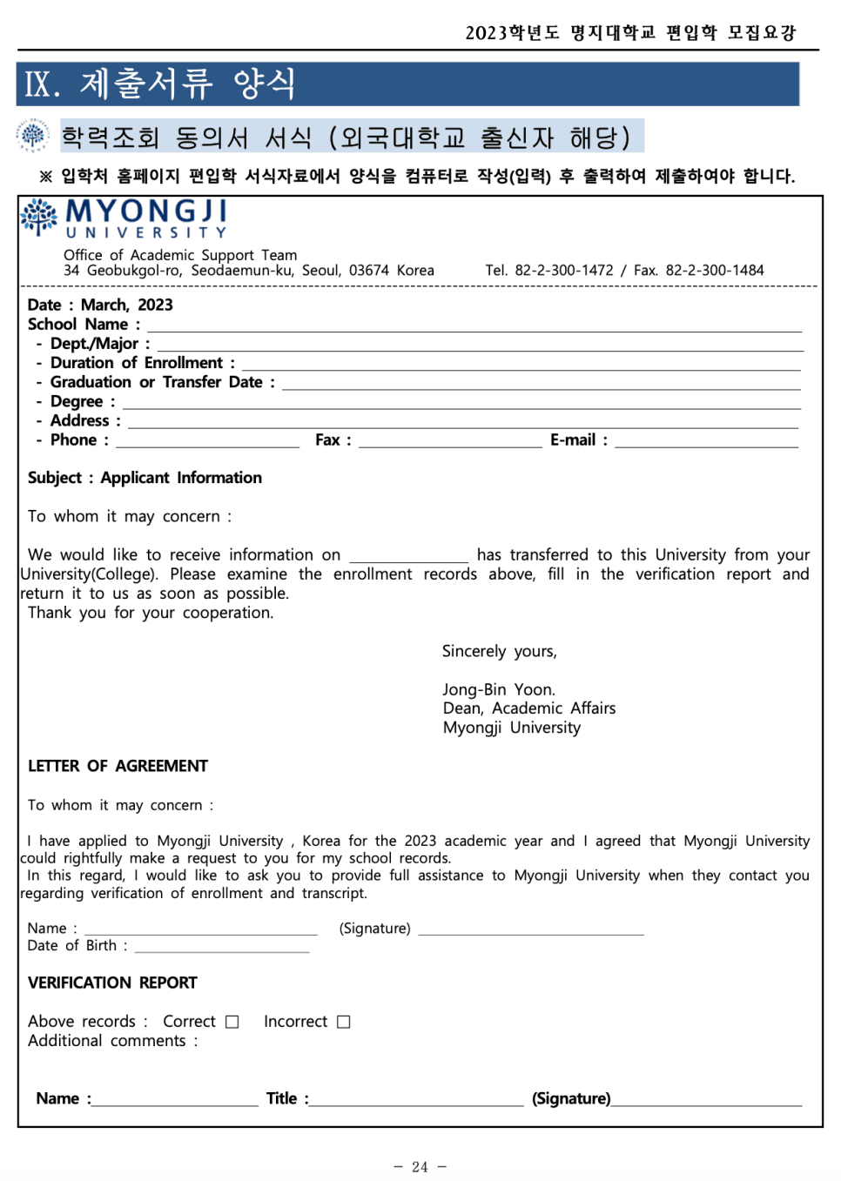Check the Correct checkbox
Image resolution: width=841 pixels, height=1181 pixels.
coord(232,1022)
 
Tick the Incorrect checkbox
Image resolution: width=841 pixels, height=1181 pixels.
coord(344,1022)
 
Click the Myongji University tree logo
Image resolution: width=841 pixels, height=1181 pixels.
coord(39,216)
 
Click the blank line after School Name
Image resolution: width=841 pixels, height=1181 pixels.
coord(474,327)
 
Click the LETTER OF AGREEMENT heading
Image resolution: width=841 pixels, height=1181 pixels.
coord(118,766)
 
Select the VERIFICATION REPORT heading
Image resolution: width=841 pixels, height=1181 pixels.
coord(112,983)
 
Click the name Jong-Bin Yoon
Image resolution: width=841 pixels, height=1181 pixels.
coord(498,690)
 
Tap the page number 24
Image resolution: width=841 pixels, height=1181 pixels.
coord(420,1167)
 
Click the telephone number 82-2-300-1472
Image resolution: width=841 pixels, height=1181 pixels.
coord(563,271)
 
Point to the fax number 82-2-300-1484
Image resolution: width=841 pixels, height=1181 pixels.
coord(714,271)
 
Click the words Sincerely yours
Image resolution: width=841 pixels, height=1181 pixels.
coord(499,651)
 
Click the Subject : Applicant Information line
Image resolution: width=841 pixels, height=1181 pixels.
coord(145,478)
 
